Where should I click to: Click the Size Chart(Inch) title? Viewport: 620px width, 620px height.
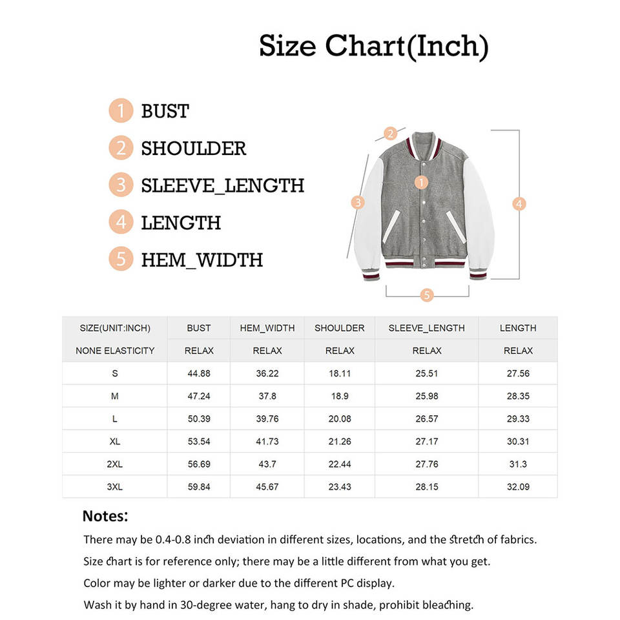[x=373, y=46]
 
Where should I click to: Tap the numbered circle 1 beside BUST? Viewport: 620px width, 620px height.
[x=121, y=111]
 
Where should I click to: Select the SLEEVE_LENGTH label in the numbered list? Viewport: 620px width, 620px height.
[x=222, y=185]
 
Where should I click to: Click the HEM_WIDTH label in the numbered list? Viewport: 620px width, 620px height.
[x=201, y=260]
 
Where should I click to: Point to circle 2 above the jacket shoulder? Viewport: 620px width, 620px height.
[x=390, y=134]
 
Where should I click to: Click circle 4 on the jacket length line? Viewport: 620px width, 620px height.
[x=519, y=203]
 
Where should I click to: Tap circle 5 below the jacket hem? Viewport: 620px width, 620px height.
[x=426, y=295]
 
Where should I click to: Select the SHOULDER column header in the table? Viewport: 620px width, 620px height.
[x=340, y=328]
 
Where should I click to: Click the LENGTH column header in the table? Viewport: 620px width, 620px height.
[x=518, y=328]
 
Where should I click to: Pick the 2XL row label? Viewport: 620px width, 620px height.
[x=114, y=464]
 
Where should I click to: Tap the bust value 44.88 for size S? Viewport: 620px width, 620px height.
[x=199, y=373]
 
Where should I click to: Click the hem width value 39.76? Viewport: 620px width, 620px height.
[x=267, y=418]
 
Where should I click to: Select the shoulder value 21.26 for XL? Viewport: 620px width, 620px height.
[x=340, y=441]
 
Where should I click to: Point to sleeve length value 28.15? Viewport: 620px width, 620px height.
[x=426, y=486]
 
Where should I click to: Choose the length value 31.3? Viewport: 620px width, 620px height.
[x=518, y=464]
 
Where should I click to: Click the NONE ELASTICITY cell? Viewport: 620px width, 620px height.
[x=115, y=351]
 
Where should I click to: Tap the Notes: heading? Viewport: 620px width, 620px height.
[x=106, y=517]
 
